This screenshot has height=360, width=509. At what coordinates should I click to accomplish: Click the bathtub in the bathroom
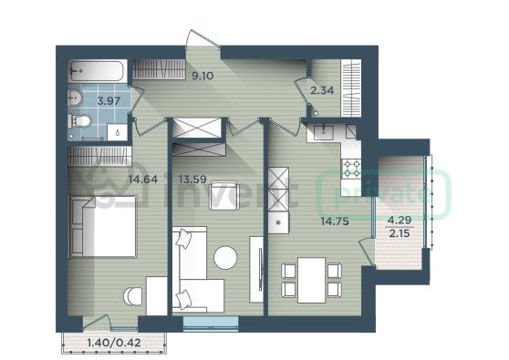tap(98, 71)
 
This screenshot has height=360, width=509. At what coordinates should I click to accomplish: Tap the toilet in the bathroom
tap(80, 121)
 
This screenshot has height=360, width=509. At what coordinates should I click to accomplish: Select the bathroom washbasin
tap(76, 98)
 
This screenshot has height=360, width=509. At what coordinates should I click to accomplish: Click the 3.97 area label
tap(109, 101)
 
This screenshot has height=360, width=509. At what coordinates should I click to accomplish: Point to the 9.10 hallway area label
tap(203, 76)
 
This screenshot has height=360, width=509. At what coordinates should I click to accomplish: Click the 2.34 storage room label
tap(322, 90)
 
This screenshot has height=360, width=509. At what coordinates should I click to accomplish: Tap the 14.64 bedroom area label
tap(143, 179)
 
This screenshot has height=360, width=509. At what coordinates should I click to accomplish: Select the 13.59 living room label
tap(192, 179)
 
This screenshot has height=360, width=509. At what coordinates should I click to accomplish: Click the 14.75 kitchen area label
tap(335, 221)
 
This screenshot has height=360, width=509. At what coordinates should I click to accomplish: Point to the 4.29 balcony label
tap(400, 221)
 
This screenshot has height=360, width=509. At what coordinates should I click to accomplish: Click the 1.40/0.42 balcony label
tap(114, 343)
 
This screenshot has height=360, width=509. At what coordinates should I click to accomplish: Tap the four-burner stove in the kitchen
tap(352, 169)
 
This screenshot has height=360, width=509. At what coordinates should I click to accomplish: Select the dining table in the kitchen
tap(312, 280)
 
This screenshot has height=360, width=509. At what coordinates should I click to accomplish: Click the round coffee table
tap(225, 258)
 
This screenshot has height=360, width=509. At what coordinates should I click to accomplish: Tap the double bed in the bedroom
tap(103, 227)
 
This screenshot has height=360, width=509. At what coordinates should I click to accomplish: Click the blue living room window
tap(211, 324)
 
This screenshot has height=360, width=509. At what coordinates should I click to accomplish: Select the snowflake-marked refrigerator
tap(278, 222)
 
